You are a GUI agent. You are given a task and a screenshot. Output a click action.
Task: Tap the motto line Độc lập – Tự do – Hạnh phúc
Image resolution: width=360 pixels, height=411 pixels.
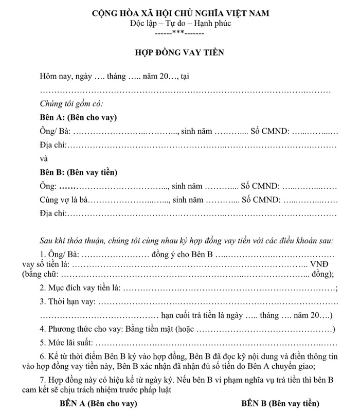[x=179, y=24]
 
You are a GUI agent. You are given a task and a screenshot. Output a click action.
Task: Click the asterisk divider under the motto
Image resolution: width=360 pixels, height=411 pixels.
[x=179, y=33]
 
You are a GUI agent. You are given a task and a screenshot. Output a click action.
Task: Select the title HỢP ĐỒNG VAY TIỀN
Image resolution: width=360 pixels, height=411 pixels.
[x=179, y=53]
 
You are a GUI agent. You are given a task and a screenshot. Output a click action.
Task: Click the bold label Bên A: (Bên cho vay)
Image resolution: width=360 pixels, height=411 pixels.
[x=78, y=117]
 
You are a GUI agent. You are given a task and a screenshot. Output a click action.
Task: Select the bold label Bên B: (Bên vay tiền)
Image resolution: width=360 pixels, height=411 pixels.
[x=79, y=172]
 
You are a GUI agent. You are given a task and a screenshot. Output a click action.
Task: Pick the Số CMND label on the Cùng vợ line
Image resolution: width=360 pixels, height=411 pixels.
[x=261, y=199]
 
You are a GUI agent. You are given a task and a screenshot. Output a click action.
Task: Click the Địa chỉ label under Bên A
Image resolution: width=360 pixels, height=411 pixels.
[x=53, y=145]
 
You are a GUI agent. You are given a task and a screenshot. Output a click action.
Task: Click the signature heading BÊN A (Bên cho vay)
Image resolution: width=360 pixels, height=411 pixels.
[x=98, y=403]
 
